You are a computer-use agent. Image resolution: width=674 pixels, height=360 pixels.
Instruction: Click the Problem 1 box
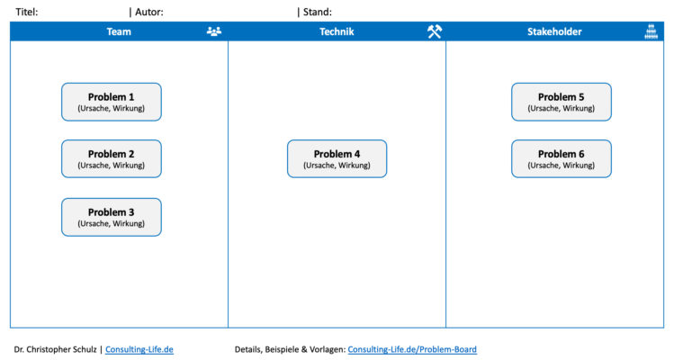pyautogui.click(x=112, y=102)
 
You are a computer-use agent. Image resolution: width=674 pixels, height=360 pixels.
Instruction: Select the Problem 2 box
pyautogui.click(x=112, y=158)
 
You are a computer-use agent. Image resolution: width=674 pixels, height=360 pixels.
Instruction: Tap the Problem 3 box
pyautogui.click(x=112, y=217)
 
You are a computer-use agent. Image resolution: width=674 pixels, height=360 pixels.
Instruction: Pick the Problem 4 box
pyautogui.click(x=337, y=158)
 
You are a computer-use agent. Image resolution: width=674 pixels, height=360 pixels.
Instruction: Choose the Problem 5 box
pyautogui.click(x=562, y=102)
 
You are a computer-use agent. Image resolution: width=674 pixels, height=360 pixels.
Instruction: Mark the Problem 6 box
pyautogui.click(x=562, y=158)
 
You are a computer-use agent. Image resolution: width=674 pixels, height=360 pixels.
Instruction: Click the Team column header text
pyautogui.click(x=119, y=31)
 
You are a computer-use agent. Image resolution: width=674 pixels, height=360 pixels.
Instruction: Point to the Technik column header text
pyautogui.click(x=337, y=31)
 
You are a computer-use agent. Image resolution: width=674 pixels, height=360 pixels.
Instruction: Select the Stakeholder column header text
pyautogui.click(x=554, y=31)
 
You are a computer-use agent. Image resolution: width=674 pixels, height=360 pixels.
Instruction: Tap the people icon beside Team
pyautogui.click(x=213, y=31)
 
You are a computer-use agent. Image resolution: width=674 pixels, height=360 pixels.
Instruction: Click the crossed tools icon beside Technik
pyautogui.click(x=435, y=31)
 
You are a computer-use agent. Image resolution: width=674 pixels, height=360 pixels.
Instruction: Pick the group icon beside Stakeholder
pyautogui.click(x=652, y=31)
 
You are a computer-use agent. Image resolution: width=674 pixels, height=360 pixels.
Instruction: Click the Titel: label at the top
pyautogui.click(x=27, y=12)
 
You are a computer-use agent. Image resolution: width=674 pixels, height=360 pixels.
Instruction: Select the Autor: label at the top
pyautogui.click(x=148, y=12)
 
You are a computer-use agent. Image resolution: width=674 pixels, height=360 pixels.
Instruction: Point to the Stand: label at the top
pyautogui.click(x=317, y=12)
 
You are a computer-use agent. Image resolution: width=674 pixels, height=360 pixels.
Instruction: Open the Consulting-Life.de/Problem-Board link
pyautogui.click(x=412, y=349)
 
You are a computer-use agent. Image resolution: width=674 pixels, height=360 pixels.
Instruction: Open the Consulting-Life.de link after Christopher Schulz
pyautogui.click(x=139, y=349)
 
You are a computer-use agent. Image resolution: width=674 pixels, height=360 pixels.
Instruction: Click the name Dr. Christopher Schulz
pyautogui.click(x=56, y=349)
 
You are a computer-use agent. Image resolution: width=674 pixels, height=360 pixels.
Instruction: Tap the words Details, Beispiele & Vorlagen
pyautogui.click(x=289, y=349)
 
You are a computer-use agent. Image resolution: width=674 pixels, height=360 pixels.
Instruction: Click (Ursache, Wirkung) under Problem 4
pyautogui.click(x=337, y=166)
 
